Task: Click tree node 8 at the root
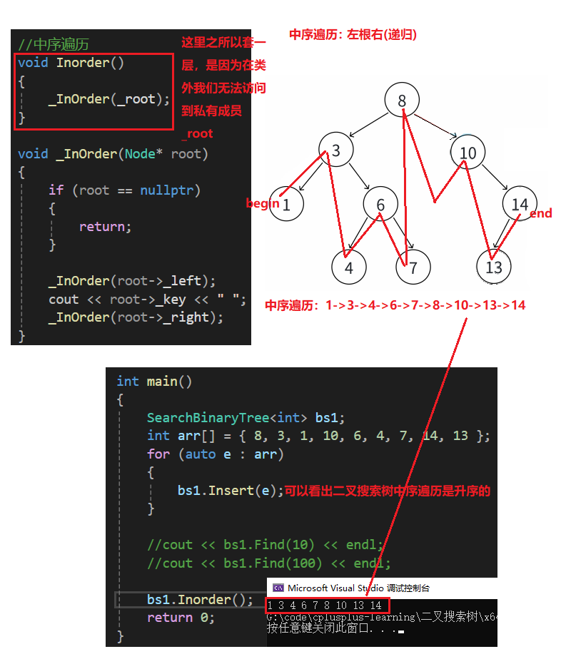click(402, 101)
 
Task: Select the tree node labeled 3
click(336, 151)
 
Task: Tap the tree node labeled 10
click(468, 152)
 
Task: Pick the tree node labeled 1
click(287, 205)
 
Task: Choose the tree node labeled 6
click(380, 205)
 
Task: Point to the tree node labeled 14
click(519, 205)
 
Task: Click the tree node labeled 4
click(349, 267)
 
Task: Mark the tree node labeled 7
click(414, 267)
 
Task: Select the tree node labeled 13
click(494, 267)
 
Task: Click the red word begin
click(262, 203)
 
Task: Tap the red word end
click(540, 213)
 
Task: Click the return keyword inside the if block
click(105, 227)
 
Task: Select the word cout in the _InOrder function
click(64, 300)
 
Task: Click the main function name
click(161, 382)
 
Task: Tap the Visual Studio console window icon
click(278, 588)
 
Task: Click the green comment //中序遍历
click(54, 44)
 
